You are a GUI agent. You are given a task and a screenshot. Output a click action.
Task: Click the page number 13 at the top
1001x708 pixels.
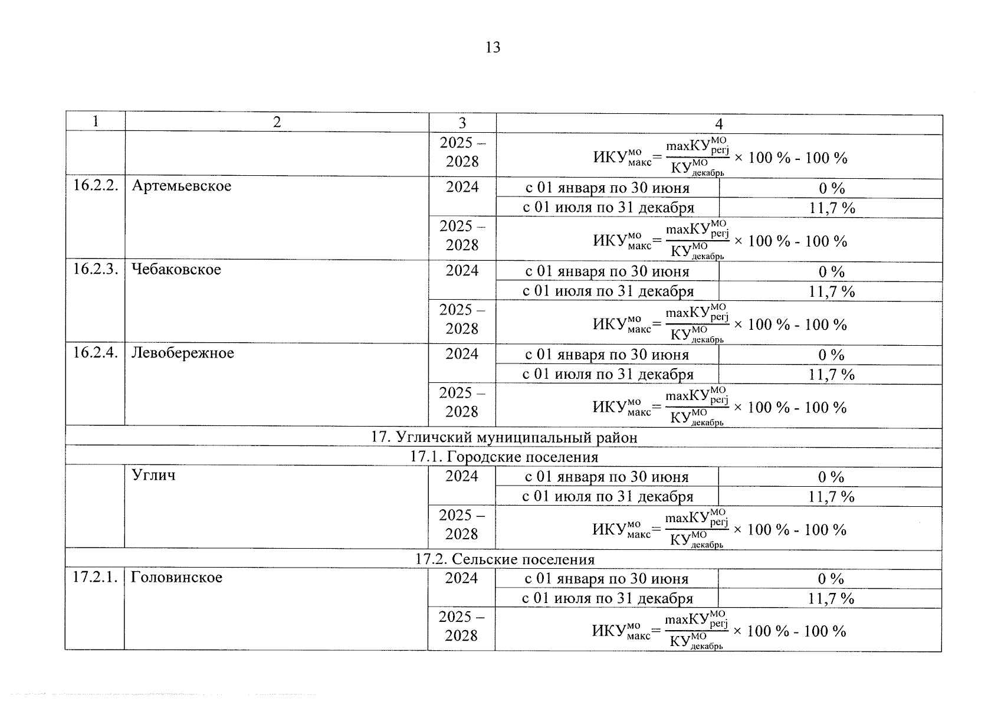point(493,48)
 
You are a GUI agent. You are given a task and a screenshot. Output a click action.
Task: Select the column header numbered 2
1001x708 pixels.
point(277,122)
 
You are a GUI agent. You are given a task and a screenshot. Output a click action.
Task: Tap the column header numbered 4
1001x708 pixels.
point(718,124)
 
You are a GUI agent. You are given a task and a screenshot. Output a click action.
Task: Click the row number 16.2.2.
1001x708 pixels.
point(96,186)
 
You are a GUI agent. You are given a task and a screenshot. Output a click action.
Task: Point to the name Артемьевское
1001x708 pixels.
point(182,186)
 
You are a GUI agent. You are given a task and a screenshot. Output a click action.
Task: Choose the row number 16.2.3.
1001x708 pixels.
point(96,270)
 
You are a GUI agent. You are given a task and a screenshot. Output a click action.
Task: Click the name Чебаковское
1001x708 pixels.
point(176,270)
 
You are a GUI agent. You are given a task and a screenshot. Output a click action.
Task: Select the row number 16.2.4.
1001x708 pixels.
point(96,353)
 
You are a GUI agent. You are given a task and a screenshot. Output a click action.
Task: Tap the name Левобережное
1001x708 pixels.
point(182,353)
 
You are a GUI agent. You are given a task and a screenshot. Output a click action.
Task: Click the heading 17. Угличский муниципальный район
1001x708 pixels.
point(504,437)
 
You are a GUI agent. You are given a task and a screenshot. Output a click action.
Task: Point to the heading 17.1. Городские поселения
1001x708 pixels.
point(504,457)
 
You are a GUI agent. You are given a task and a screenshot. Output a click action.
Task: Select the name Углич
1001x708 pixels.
point(153,475)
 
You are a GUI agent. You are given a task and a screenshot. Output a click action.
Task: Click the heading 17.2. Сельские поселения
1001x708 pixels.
point(504,559)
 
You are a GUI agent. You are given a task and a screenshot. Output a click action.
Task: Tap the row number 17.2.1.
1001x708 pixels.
point(95,577)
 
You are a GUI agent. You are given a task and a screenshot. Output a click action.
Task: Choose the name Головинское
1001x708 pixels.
point(176,577)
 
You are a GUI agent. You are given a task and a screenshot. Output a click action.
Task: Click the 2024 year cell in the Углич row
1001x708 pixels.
point(462,476)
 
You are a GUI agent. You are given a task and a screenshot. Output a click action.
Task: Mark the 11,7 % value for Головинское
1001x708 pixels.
point(831,598)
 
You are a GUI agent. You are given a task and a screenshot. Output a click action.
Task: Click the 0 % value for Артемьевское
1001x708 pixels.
point(832,189)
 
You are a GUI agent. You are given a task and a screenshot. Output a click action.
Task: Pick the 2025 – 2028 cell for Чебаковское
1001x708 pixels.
point(462,319)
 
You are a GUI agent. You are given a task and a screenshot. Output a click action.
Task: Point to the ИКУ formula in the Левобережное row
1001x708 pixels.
point(719,407)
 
